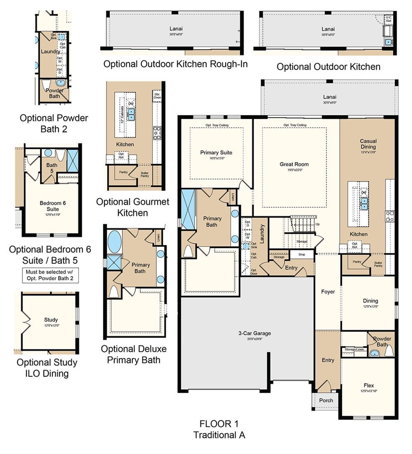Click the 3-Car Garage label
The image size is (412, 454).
point(254,333)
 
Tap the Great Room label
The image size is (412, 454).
point(294,164)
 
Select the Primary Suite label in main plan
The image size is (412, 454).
point(216,153)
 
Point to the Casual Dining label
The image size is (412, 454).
point(368,144)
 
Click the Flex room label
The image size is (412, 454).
point(369,386)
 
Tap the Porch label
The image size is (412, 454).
point(326,401)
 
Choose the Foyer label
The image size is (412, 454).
point(328,292)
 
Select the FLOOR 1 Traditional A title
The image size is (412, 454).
point(219,429)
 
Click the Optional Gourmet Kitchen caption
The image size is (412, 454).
point(133,207)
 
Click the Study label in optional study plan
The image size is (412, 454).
point(51,320)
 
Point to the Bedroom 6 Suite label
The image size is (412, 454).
point(52,206)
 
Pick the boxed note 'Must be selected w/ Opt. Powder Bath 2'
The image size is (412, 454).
point(50,275)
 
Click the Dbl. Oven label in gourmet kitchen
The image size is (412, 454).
point(157,96)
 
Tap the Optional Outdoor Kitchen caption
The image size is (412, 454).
point(328,67)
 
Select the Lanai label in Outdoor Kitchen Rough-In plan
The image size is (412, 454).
point(176,29)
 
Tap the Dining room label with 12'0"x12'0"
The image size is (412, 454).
point(370,301)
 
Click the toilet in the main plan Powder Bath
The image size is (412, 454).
point(389,351)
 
